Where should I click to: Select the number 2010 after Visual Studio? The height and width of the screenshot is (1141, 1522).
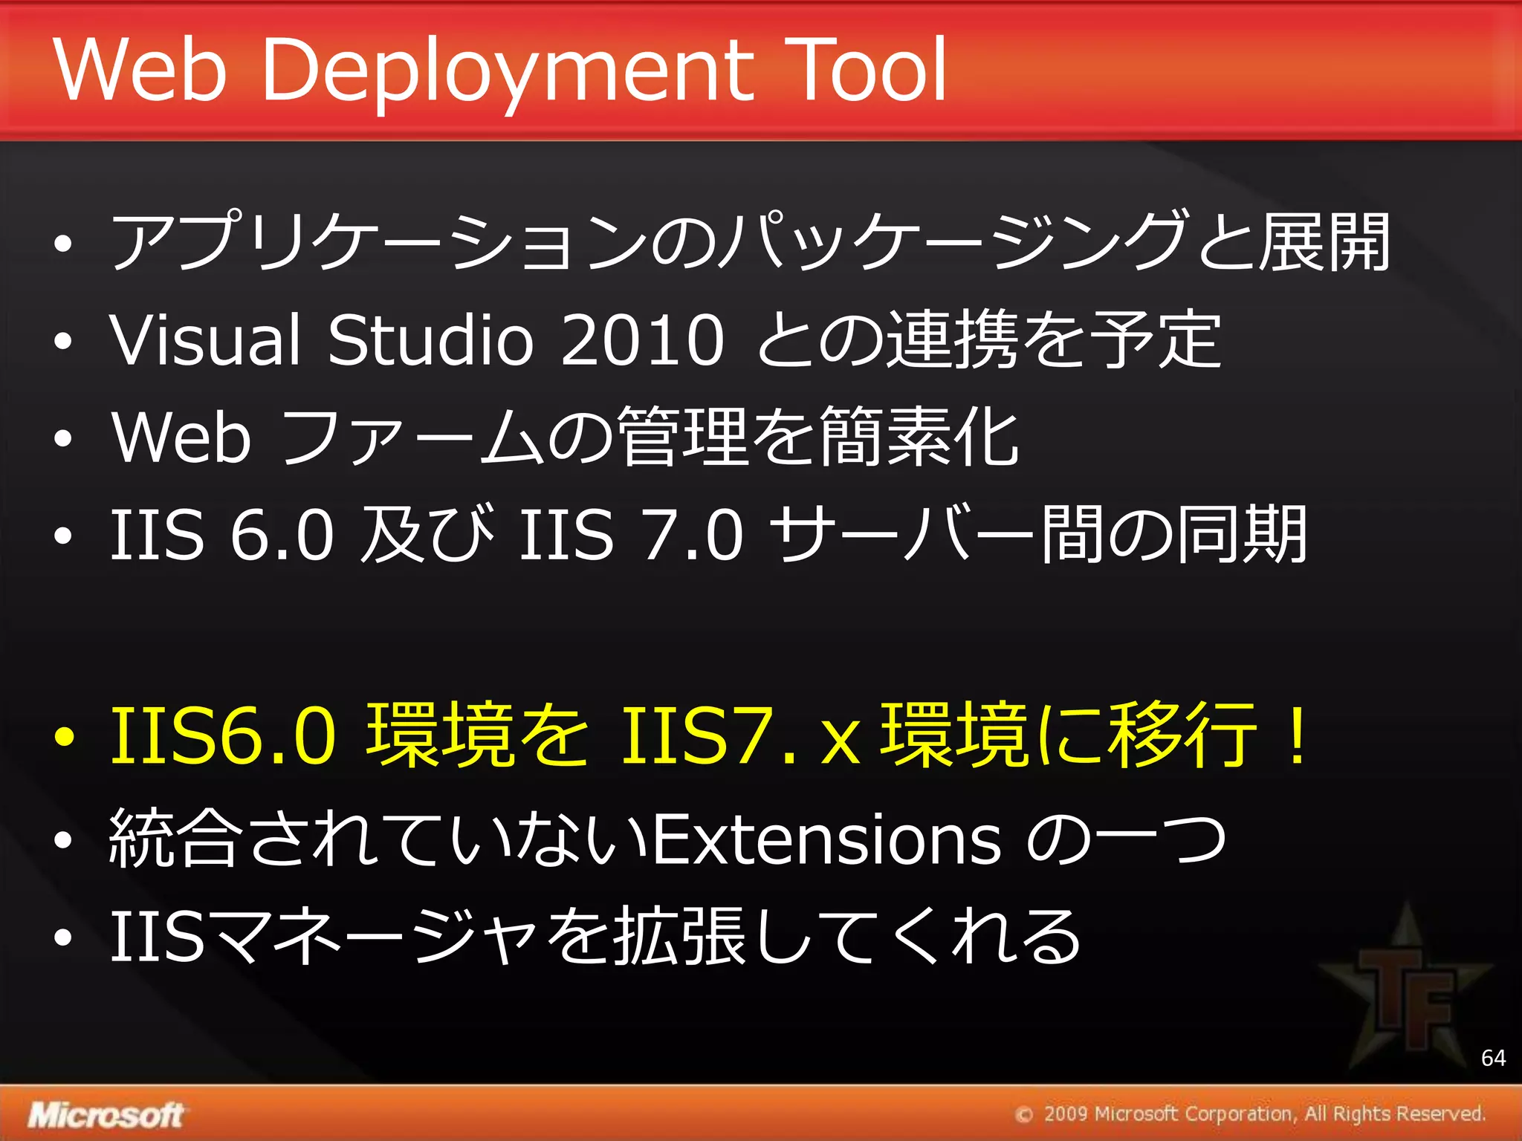click(x=642, y=339)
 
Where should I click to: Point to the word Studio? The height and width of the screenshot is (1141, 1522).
click(x=430, y=339)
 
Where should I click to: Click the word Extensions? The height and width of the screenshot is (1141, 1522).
click(x=826, y=839)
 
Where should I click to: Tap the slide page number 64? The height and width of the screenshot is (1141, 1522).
click(x=1493, y=1058)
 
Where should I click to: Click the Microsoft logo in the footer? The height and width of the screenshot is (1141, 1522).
click(x=106, y=1115)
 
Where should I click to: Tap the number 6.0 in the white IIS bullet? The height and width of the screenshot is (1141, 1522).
click(x=282, y=535)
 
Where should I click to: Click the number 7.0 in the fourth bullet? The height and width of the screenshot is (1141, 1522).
click(x=693, y=535)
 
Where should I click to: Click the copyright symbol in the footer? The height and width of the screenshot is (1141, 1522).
click(x=1024, y=1115)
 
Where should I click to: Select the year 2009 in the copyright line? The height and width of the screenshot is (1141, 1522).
click(x=1066, y=1114)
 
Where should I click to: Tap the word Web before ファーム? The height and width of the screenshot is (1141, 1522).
click(x=181, y=438)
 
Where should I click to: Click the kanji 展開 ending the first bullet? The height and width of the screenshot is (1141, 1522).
click(x=1324, y=242)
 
